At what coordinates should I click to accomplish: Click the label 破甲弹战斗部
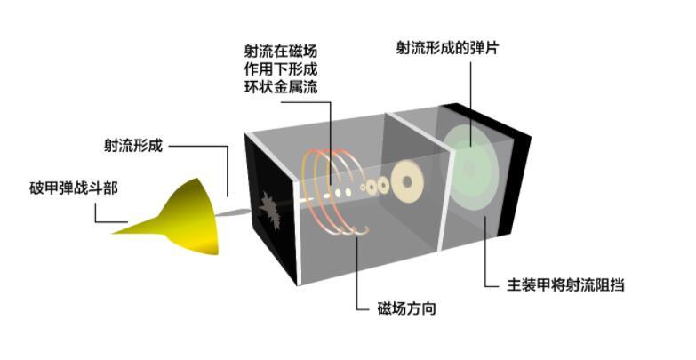(74, 188)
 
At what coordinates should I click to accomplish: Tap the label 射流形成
(133, 145)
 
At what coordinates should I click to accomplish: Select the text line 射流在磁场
(281, 51)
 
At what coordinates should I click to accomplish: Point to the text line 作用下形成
(281, 68)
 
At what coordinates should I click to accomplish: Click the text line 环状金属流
(281, 86)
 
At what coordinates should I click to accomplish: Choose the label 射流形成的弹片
(447, 48)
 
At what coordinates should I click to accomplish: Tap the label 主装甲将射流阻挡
(565, 285)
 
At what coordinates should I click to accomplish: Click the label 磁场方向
(406, 308)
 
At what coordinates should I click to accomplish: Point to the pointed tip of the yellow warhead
(112, 233)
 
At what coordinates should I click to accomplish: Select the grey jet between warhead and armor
(233, 213)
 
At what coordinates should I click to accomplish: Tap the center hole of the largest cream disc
(407, 181)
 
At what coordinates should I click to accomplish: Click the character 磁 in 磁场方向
(384, 308)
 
